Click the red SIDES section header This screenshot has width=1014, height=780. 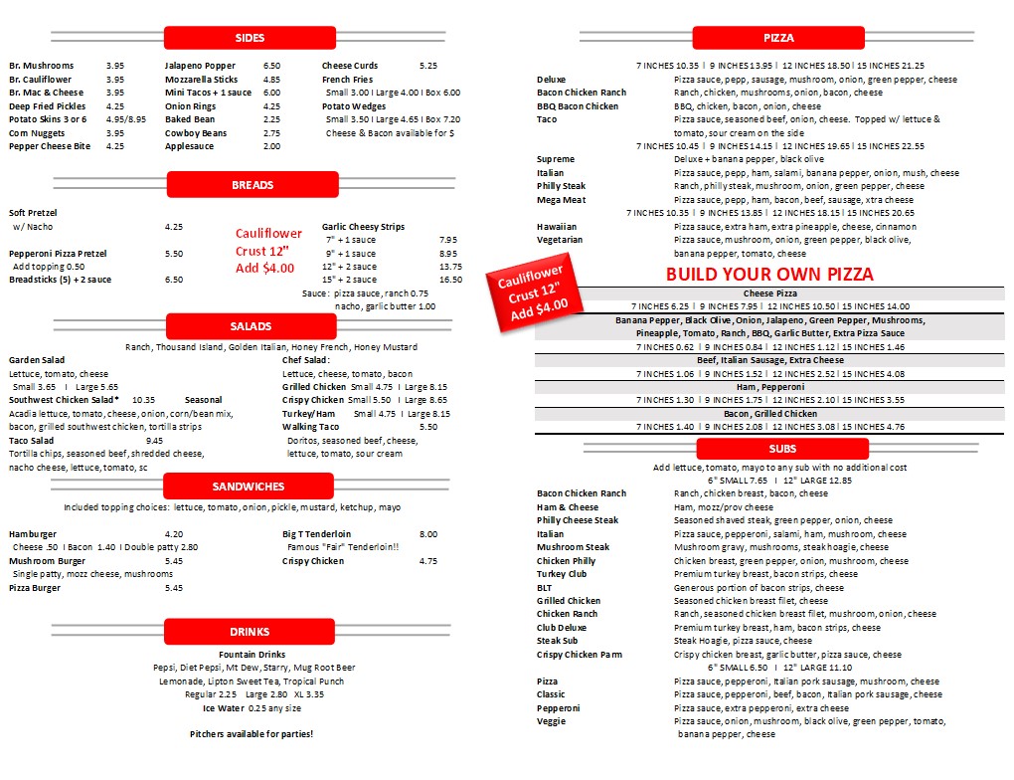click(250, 38)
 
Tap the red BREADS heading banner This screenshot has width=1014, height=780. click(252, 185)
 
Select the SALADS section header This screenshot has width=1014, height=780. click(251, 326)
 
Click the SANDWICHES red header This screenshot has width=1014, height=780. click(249, 487)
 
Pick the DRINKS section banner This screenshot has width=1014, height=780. click(250, 632)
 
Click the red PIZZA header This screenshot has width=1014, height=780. click(778, 38)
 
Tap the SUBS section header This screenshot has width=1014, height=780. click(782, 449)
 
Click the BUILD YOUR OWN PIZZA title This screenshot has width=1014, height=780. click(769, 275)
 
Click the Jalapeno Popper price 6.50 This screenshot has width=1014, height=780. click(271, 66)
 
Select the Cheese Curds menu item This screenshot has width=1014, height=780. click(350, 66)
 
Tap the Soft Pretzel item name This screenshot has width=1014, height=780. click(33, 213)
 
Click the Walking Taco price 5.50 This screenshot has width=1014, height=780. click(427, 427)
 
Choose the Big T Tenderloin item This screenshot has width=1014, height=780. click(317, 534)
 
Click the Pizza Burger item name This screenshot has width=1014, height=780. click(35, 588)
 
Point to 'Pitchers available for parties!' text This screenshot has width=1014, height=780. click(252, 734)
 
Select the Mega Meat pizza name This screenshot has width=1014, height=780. click(561, 200)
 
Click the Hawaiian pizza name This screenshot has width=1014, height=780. click(557, 227)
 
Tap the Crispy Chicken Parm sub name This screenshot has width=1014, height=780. click(580, 655)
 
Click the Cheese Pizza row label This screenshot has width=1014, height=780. click(770, 293)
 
